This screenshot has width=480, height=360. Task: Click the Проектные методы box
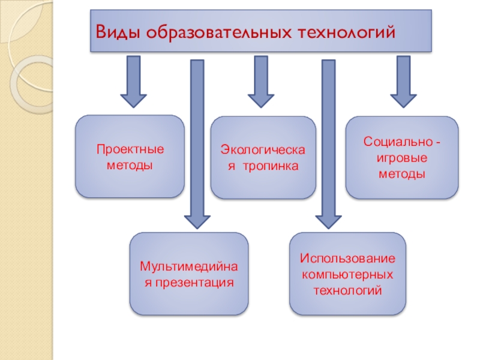[x=130, y=157]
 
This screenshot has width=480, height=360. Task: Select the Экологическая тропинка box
[x=263, y=158]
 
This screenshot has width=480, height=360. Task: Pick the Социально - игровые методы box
[x=402, y=158]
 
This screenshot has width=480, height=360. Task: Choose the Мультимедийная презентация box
[x=190, y=274]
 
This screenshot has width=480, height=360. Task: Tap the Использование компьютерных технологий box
[x=348, y=274]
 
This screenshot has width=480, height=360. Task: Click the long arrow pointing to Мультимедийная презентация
[x=196, y=144]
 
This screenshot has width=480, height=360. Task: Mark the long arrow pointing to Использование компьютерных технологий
[x=328, y=144]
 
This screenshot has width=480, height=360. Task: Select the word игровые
[x=402, y=158]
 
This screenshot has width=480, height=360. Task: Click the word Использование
[x=348, y=260]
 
